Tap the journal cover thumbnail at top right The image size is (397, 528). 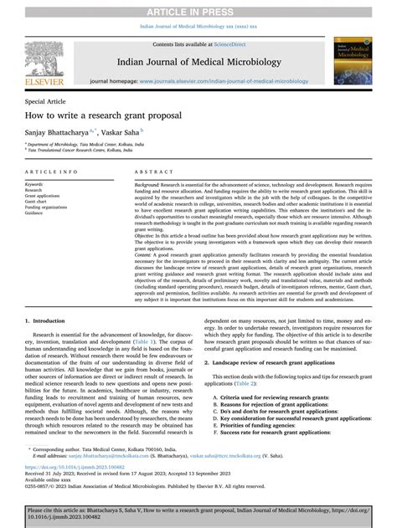pyautogui.click(x=351, y=63)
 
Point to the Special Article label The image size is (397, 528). pyautogui.click(x=48, y=100)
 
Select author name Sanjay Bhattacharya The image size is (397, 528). pyautogui.click(x=61, y=132)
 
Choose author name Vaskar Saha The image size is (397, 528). pyautogui.click(x=122, y=132)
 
